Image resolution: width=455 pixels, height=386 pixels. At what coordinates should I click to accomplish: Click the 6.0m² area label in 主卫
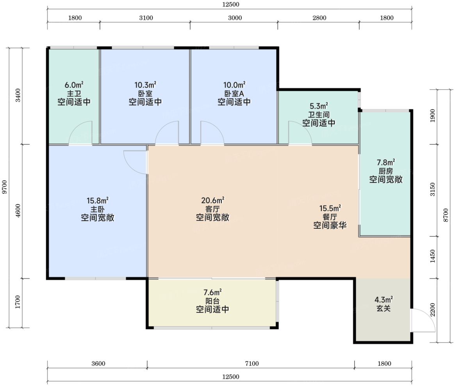tap(74, 85)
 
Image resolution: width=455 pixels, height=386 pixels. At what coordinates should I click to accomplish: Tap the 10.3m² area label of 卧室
tap(145, 85)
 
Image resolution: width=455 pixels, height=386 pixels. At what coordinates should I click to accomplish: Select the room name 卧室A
tap(234, 93)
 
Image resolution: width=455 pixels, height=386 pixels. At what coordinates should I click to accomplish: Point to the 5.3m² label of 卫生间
tap(319, 106)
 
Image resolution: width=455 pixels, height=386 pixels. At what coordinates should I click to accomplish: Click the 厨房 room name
tap(385, 171)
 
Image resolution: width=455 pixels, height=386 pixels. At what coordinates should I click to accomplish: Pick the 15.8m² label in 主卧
tap(98, 200)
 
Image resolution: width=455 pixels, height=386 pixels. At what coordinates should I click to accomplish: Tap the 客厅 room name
tap(212, 209)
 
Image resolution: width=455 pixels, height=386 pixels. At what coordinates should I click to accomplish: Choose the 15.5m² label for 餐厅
tap(330, 208)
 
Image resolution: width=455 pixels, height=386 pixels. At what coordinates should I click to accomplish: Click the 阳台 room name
tap(212, 301)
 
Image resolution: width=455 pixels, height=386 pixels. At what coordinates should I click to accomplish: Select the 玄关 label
tap(384, 308)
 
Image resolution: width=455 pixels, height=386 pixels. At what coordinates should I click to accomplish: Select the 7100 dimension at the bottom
tap(252, 363)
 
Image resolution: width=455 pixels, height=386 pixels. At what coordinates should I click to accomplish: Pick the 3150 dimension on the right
tap(432, 189)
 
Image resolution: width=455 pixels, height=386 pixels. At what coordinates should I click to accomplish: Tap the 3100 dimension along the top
tap(146, 18)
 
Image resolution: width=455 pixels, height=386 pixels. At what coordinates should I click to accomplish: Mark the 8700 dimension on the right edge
tap(446, 215)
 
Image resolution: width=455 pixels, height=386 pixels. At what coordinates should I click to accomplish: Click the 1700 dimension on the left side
tap(18, 302)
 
